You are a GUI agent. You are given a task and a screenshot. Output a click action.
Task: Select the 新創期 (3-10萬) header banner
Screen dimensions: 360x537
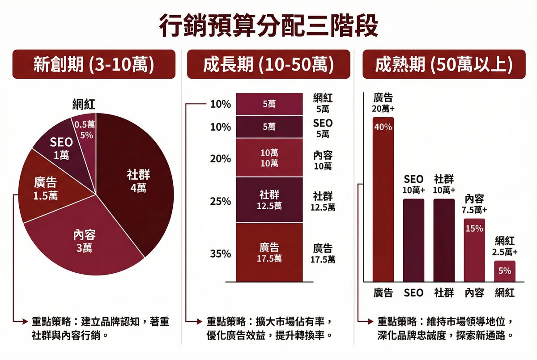94,64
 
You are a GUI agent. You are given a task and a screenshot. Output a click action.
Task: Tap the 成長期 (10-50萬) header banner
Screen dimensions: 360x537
268,64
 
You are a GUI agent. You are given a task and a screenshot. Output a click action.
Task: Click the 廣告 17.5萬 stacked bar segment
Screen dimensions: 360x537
269,253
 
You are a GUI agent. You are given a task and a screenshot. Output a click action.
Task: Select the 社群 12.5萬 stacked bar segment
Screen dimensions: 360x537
269,200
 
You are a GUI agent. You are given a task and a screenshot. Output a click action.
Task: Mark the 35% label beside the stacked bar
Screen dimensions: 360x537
220,254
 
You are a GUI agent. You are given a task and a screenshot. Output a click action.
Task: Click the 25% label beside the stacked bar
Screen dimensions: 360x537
220,202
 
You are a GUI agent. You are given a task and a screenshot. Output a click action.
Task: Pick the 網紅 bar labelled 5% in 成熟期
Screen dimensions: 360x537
504,271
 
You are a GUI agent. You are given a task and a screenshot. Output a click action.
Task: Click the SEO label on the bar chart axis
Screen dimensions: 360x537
413,293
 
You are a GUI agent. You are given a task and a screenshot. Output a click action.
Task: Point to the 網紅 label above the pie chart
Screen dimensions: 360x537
84,105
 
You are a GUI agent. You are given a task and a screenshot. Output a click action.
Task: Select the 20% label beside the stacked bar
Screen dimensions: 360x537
220,159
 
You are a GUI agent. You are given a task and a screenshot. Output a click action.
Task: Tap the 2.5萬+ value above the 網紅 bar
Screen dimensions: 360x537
505,252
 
